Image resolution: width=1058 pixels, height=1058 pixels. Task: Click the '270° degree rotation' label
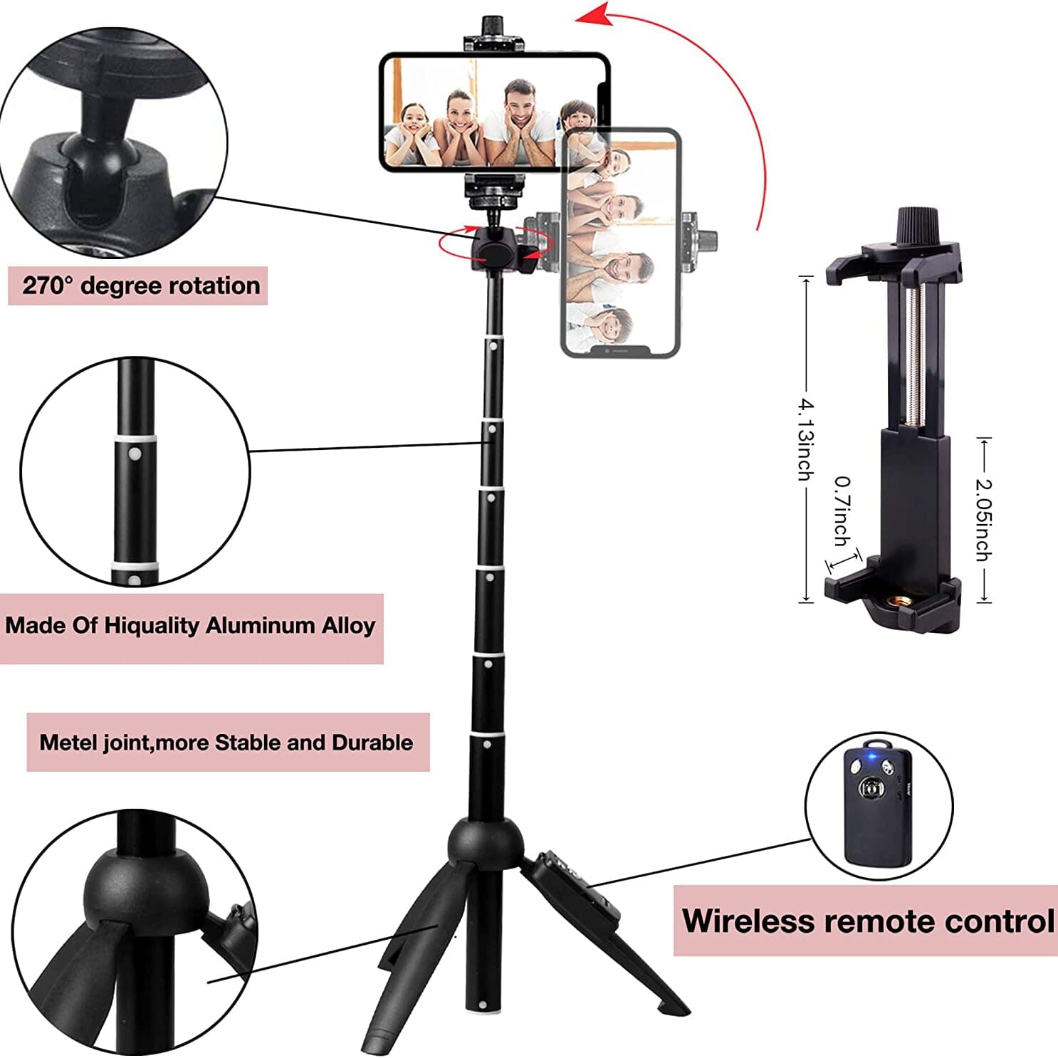140,286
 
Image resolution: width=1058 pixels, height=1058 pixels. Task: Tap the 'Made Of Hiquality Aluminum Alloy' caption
190,626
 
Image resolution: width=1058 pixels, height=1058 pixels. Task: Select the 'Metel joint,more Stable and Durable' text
226,743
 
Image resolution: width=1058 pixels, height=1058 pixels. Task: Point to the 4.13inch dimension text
805,439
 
